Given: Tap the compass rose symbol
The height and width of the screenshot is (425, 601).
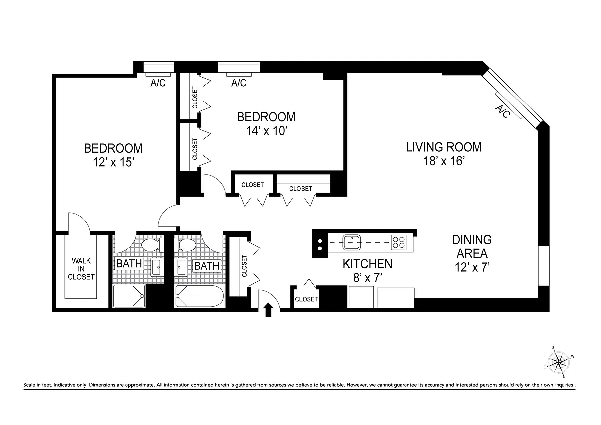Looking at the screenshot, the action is [558, 363].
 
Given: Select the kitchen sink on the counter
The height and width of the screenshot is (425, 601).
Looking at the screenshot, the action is [351, 242].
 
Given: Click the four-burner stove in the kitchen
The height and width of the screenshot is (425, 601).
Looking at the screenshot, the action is [398, 242].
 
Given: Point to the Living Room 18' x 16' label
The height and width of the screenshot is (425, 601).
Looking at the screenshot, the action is [444, 154].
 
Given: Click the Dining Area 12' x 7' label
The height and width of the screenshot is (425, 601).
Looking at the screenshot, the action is [472, 253].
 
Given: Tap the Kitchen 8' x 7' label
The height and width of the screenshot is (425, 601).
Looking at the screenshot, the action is [367, 270].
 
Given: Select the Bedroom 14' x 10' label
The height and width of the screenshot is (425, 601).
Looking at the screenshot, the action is [266, 124].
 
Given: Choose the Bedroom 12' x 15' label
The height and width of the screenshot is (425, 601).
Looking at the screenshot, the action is [113, 155].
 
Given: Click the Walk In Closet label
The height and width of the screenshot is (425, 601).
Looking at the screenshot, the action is [81, 269].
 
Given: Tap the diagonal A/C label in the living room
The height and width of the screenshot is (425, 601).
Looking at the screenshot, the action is [502, 111].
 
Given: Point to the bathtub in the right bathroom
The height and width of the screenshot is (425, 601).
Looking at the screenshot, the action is [199, 296].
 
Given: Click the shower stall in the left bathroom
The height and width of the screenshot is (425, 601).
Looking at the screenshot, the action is [129, 296].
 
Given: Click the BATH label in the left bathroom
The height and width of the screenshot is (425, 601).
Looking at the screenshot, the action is [129, 264].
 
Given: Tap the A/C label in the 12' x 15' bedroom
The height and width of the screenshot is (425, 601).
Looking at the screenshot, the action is [158, 83].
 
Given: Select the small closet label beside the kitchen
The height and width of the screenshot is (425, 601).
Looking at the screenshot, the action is [306, 299].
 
